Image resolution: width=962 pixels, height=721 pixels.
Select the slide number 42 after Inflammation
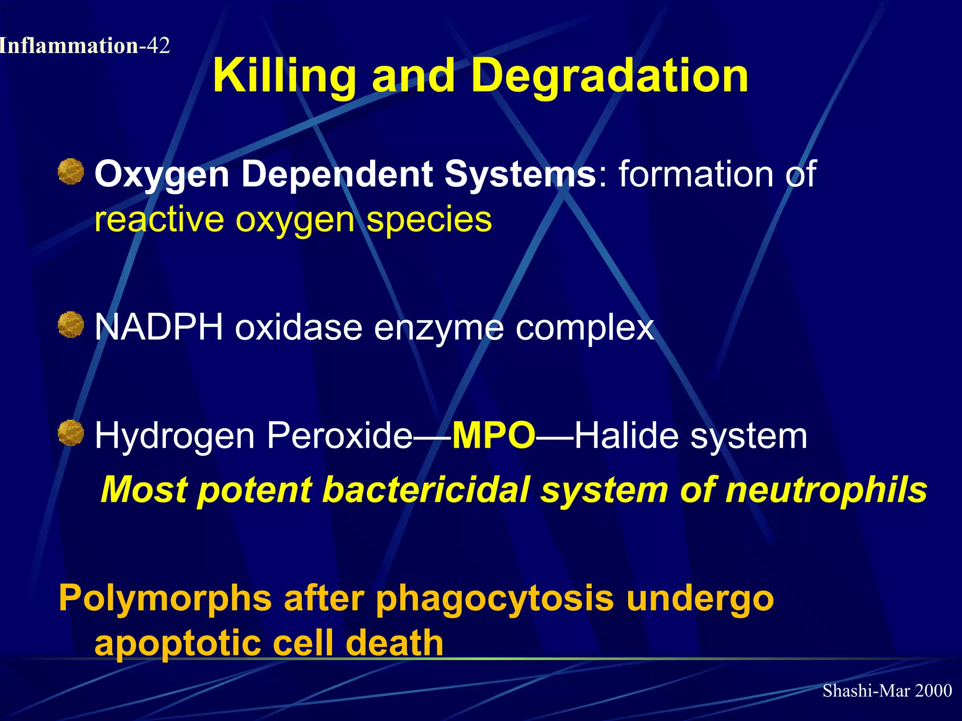(158, 46)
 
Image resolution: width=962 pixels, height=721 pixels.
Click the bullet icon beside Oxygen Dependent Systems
(71, 171)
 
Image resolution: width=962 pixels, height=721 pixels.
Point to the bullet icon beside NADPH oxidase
(71, 325)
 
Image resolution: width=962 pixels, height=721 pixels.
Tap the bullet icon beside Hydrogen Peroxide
(71, 433)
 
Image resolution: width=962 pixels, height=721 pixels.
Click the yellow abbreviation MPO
(494, 436)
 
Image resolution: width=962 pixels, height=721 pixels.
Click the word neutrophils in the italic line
(826, 490)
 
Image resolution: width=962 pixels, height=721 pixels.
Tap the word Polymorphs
(165, 599)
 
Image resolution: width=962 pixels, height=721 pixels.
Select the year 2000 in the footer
(933, 690)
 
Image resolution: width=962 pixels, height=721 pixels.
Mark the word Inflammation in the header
(69, 46)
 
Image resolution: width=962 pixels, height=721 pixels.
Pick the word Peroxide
(340, 436)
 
